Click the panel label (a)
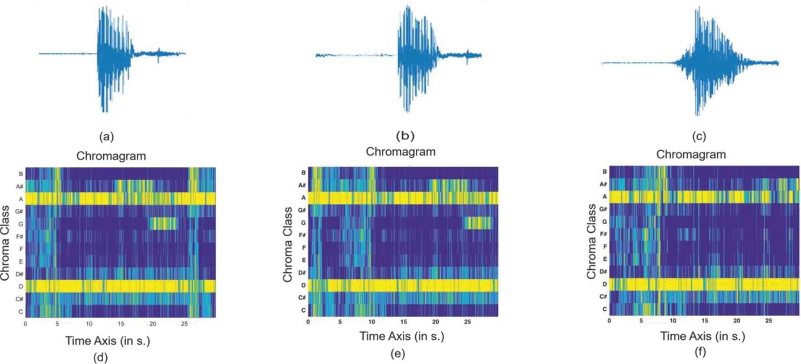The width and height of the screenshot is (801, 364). tap(106, 137)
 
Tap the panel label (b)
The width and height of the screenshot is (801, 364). tap(405, 136)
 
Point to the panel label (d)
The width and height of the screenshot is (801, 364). tap(101, 357)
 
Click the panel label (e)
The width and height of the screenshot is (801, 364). tap(397, 354)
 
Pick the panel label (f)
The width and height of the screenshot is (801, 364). tap(700, 351)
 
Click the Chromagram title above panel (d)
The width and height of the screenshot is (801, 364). tap(111, 156)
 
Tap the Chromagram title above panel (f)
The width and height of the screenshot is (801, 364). tap(691, 155)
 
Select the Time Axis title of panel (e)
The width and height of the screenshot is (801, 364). tap(402, 336)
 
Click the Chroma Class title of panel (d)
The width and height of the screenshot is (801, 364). tap(5, 243)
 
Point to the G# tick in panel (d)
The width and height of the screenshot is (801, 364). tap(19, 212)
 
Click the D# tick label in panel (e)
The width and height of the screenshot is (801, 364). tap(302, 272)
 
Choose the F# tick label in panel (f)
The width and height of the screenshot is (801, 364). tap(603, 234)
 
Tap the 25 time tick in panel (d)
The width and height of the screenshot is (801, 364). tap(184, 324)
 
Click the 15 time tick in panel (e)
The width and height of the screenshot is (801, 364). tap(404, 322)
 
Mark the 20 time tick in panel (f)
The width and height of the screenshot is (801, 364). tap(736, 321)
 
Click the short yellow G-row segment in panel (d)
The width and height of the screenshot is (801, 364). tap(164, 224)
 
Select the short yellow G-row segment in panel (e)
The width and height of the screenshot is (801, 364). tap(478, 223)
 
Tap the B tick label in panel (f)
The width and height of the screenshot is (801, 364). tap(604, 172)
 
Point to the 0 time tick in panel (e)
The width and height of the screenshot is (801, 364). tap(308, 322)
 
